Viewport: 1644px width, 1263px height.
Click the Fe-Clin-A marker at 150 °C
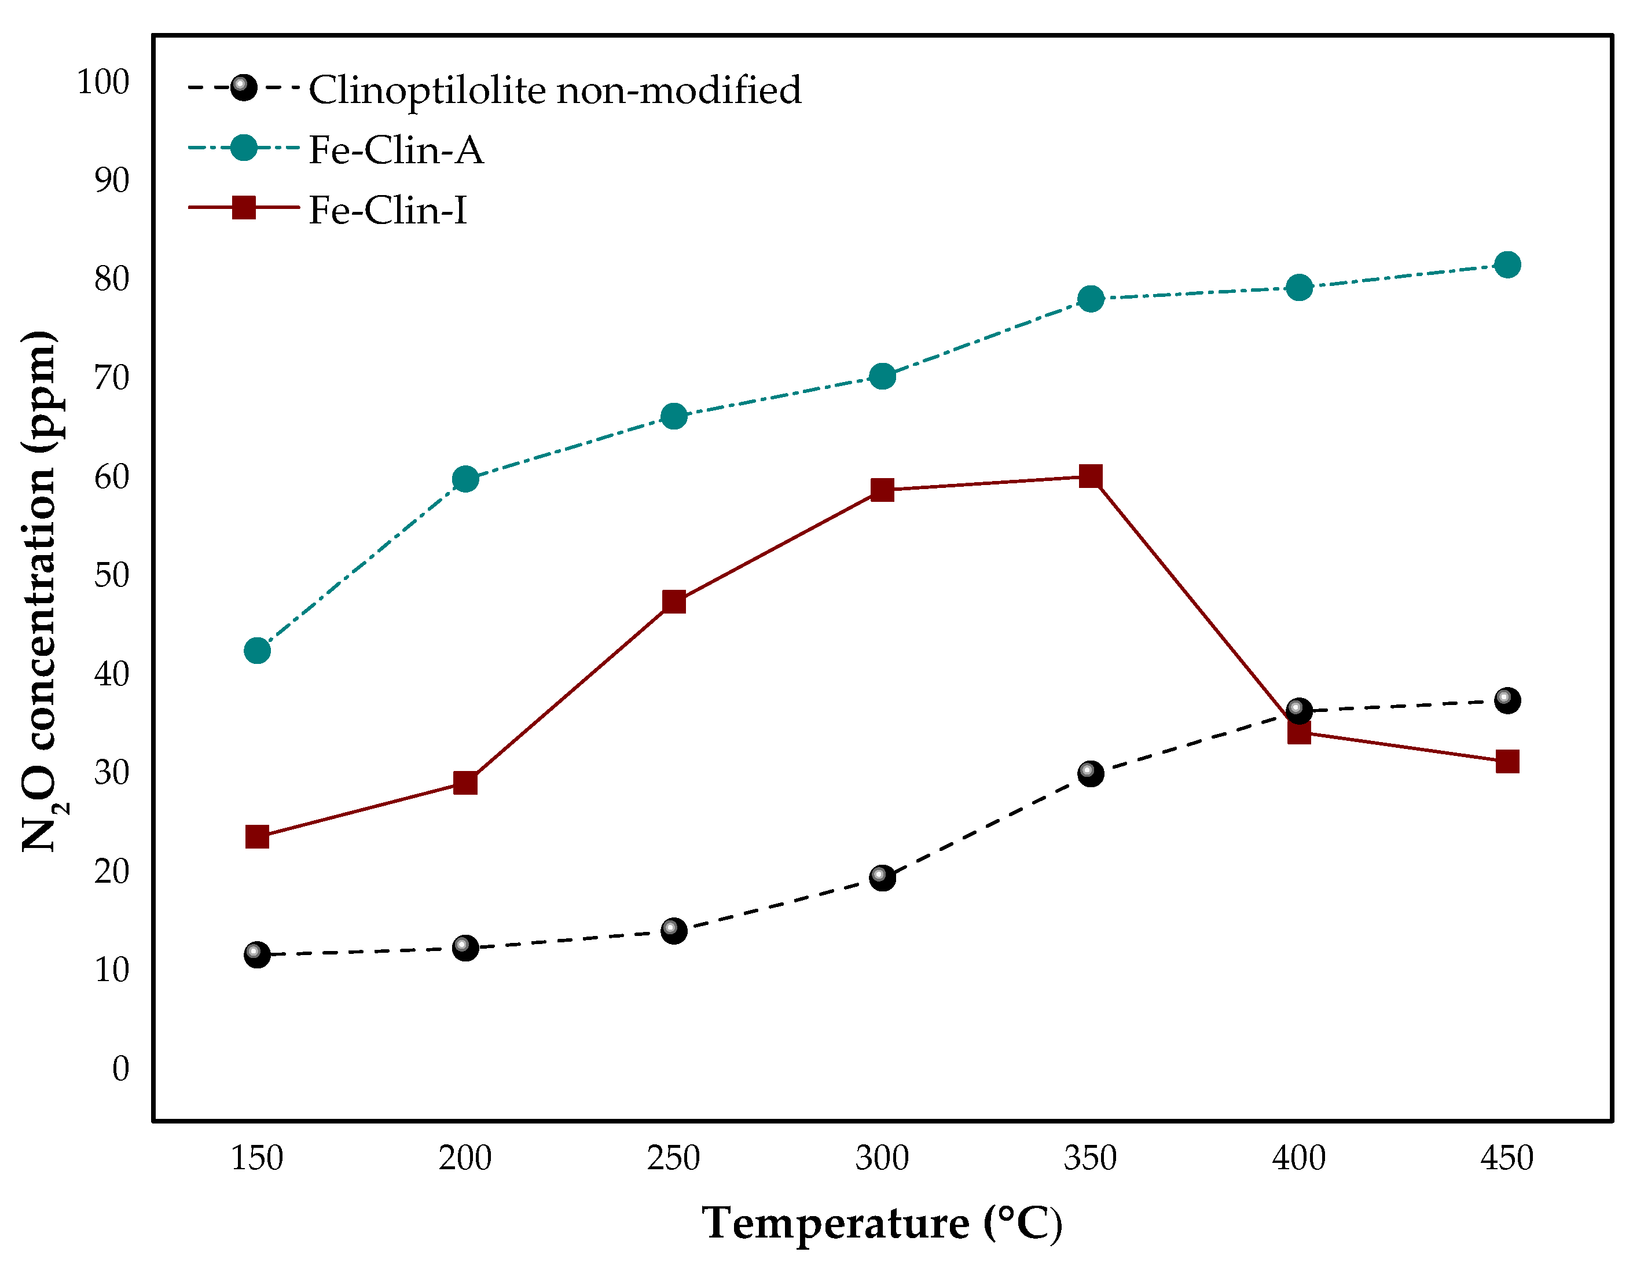pos(257,650)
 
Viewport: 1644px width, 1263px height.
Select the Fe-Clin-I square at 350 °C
pos(1090,476)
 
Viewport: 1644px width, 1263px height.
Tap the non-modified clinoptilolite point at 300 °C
pos(882,878)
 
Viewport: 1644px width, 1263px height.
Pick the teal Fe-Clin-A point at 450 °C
pos(1506,265)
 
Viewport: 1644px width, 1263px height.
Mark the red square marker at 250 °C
pos(674,601)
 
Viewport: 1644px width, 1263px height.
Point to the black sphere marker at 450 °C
pos(1506,700)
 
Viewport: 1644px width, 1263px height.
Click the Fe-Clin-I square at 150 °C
pos(257,837)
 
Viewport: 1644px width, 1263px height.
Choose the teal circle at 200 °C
pos(465,479)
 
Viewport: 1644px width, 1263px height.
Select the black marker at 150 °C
pos(257,954)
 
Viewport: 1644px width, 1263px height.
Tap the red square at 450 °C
pos(1506,762)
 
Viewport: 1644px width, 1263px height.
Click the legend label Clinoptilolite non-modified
pos(555,90)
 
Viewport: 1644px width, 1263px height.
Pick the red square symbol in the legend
pos(244,207)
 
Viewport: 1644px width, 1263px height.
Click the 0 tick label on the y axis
pos(120,1069)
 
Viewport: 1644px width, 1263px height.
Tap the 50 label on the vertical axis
pos(111,575)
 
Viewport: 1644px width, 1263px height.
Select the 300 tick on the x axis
pos(882,1158)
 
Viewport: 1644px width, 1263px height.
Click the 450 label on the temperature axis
pos(1506,1158)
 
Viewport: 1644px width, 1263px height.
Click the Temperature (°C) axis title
pos(882,1223)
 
